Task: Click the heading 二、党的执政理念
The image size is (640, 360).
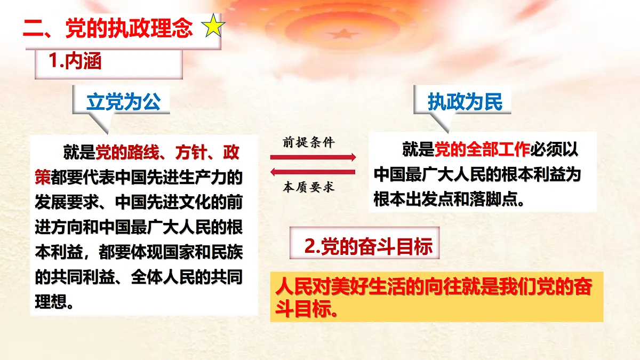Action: click(108, 28)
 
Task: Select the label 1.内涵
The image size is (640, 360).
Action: click(75, 62)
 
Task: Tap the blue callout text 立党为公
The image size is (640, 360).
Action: click(123, 102)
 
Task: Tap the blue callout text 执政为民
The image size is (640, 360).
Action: click(465, 102)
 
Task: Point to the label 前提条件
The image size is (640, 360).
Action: click(309, 142)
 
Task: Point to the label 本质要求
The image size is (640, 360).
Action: click(309, 187)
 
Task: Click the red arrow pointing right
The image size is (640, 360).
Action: click(313, 157)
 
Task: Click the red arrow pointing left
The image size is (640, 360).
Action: click(313, 172)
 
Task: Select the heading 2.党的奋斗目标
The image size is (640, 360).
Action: click(368, 247)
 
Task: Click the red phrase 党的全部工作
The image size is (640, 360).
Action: click(482, 150)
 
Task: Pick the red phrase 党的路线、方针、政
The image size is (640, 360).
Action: click(167, 153)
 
